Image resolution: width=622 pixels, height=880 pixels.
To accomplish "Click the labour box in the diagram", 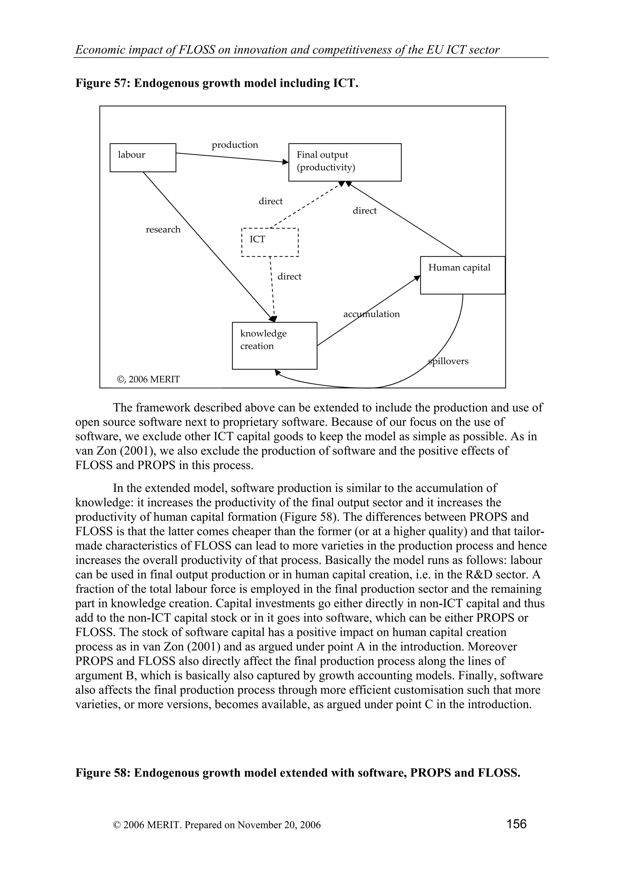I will coord(142,158).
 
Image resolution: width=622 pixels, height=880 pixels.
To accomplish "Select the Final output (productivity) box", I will coord(344,162).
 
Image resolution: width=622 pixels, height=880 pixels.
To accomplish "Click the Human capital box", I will coord(462,275).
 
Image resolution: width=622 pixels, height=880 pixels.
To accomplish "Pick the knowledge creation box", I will coord(274,345).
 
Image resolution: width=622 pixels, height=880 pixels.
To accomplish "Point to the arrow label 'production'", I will coord(235,145).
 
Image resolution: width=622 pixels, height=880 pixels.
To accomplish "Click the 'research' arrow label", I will coord(163,230).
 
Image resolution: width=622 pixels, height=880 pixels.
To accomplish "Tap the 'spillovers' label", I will coord(448,361).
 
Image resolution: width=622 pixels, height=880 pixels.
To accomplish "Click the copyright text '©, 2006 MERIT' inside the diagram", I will coord(148,380).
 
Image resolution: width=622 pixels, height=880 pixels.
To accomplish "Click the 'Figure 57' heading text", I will coord(217,83).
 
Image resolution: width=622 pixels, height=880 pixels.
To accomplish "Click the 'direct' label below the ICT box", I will coord(289,277).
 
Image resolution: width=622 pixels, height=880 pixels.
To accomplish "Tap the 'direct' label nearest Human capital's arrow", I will coord(364,211).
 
